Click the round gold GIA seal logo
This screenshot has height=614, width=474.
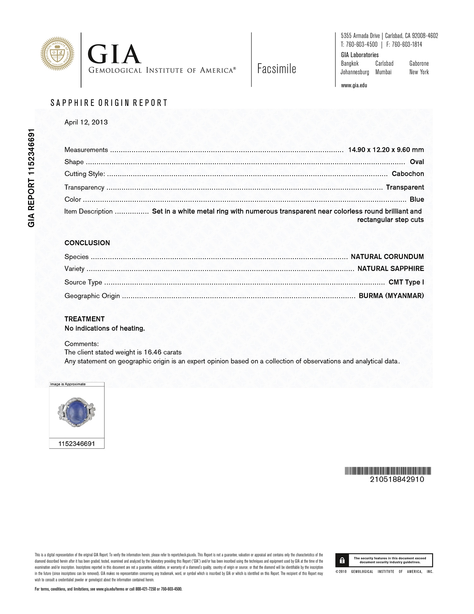click(x=57, y=54)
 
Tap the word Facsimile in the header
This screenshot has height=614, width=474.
click(x=276, y=69)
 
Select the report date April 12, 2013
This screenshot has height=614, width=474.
click(x=86, y=122)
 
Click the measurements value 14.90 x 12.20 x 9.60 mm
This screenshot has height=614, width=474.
click(x=386, y=150)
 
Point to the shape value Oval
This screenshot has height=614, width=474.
click(x=417, y=162)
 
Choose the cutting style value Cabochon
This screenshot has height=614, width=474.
click(x=408, y=174)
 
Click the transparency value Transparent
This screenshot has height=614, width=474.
click(x=405, y=187)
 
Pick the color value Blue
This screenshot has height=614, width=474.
click(x=417, y=199)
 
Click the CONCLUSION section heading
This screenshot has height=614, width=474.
click(x=87, y=243)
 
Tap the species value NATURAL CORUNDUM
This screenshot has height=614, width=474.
click(x=387, y=257)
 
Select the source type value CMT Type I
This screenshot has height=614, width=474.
click(x=406, y=282)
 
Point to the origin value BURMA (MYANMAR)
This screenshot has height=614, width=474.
click(x=391, y=296)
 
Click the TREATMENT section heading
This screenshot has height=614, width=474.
click(x=84, y=319)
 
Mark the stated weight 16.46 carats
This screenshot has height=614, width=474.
click(x=163, y=352)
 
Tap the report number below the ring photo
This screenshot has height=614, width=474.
click(x=76, y=444)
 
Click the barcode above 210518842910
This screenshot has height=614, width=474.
click(x=388, y=471)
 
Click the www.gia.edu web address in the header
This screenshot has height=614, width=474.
click(x=354, y=85)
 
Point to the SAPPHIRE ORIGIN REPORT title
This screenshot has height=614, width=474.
click(x=109, y=103)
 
